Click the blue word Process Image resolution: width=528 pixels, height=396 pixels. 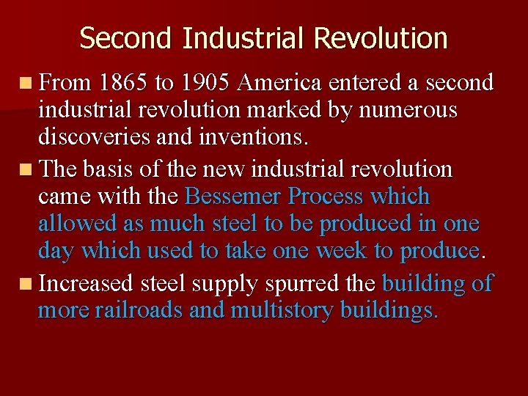326,197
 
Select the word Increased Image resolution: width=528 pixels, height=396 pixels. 85,283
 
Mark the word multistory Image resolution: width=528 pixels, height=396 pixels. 283,310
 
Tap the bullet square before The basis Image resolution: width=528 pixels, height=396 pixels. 27,170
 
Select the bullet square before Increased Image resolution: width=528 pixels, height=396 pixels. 27,284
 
